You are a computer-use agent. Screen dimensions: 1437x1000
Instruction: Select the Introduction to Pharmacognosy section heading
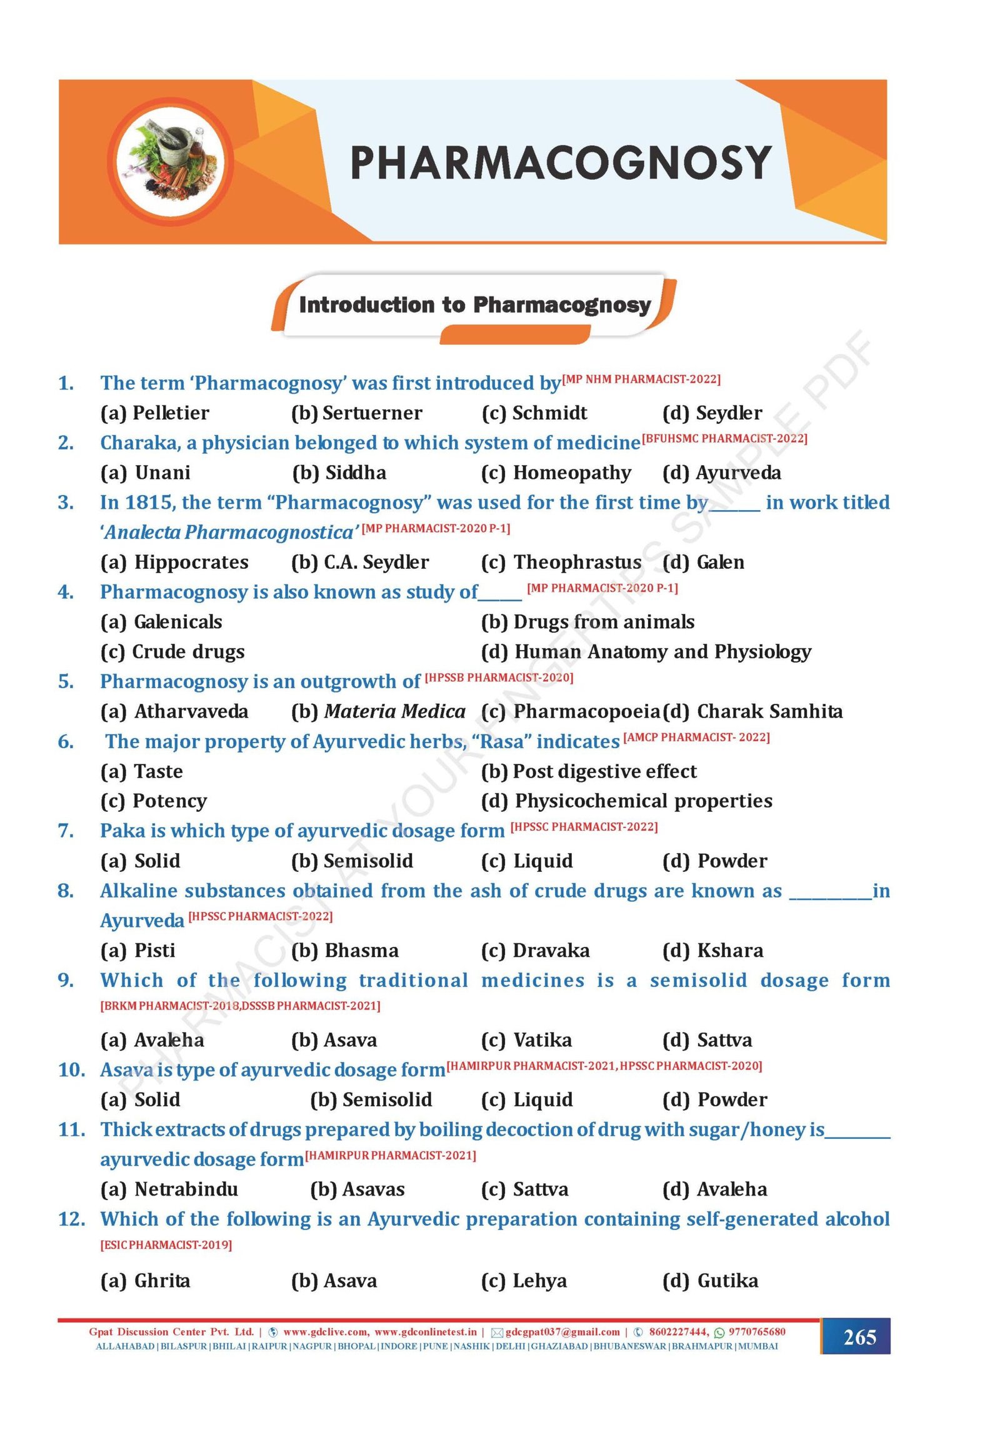tap(474, 305)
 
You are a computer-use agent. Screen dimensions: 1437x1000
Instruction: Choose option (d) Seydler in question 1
tap(711, 413)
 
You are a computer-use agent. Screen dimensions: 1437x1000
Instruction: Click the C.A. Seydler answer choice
tap(360, 562)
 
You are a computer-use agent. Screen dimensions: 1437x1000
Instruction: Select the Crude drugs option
tap(172, 651)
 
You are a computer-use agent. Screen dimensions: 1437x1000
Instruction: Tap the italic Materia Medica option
tap(379, 711)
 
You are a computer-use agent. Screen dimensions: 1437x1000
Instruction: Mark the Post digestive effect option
tap(588, 771)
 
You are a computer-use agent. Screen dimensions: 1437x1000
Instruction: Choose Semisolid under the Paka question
tap(352, 861)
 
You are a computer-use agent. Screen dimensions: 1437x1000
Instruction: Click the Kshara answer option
tap(712, 950)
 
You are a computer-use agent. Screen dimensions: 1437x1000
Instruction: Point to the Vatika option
tap(526, 1039)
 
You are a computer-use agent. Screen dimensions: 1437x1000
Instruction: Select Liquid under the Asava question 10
tap(527, 1099)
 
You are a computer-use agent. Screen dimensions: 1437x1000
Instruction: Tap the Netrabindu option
tap(169, 1188)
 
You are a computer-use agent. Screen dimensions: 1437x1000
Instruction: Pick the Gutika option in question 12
tap(710, 1280)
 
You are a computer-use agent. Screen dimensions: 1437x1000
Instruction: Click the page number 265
tap(859, 1337)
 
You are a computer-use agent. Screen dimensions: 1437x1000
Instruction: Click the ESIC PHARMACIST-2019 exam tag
tap(166, 1245)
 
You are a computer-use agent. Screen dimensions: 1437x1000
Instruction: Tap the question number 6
tap(66, 742)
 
